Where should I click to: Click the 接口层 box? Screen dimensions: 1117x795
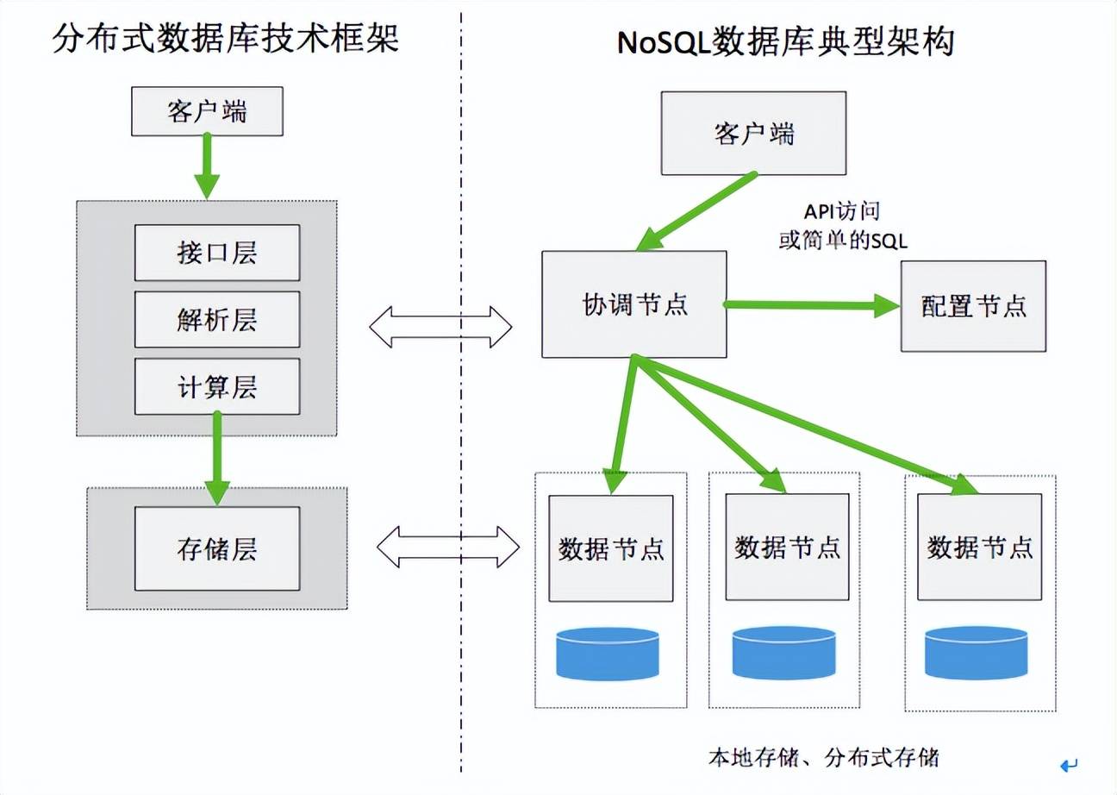click(x=217, y=253)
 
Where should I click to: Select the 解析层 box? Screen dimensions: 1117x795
click(x=217, y=320)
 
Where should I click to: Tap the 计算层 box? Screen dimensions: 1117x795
click(x=217, y=386)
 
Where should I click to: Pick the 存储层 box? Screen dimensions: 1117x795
click(x=217, y=548)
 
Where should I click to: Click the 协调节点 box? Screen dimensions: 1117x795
click(x=634, y=304)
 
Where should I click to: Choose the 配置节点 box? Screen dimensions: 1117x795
click(x=973, y=306)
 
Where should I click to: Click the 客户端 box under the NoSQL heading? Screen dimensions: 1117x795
click(x=754, y=133)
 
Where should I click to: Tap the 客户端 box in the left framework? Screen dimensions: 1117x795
click(x=208, y=111)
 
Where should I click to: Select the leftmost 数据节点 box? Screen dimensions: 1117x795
click(x=611, y=548)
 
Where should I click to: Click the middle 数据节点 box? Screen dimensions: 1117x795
click(x=788, y=548)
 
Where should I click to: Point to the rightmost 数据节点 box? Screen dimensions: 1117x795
click(x=980, y=548)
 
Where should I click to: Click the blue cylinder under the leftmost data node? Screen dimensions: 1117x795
click(x=608, y=654)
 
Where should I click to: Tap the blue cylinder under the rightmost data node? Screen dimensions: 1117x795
click(x=977, y=654)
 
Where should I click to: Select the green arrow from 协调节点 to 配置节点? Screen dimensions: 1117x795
click(x=812, y=304)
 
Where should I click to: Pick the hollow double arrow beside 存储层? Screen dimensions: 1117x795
click(x=448, y=548)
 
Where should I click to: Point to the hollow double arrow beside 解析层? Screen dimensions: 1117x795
click(x=440, y=327)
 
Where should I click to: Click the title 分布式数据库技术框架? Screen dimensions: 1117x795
click(x=226, y=38)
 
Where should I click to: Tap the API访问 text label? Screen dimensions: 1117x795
click(x=842, y=211)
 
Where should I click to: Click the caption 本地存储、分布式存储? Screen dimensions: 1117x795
click(x=824, y=757)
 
